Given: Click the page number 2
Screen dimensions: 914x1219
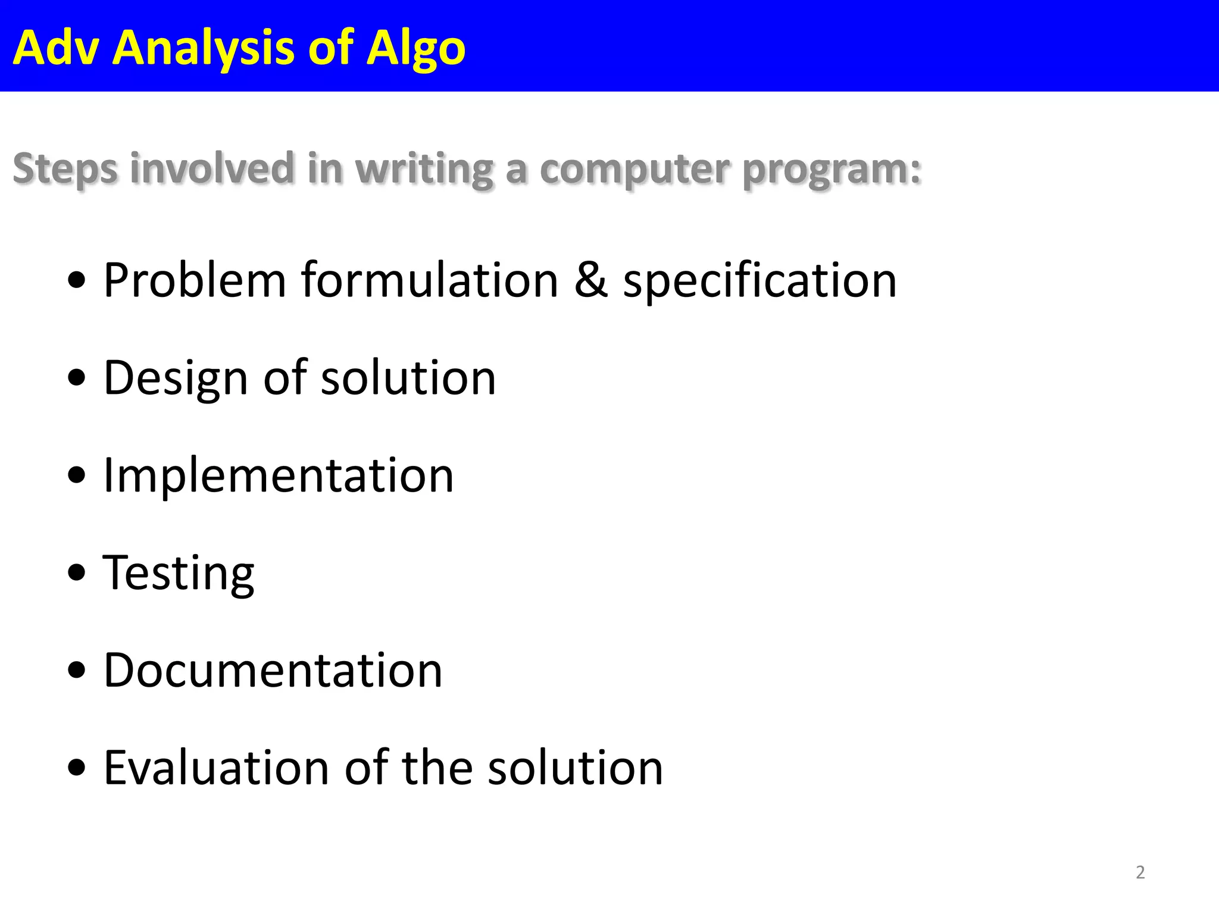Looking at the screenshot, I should click(x=1140, y=872).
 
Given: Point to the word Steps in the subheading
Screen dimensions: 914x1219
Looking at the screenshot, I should click(x=65, y=169).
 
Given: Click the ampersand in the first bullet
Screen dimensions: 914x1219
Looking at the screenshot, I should click(x=590, y=280).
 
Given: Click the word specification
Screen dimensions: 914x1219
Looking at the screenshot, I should click(x=759, y=281).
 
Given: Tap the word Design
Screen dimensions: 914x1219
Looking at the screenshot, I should click(x=176, y=378).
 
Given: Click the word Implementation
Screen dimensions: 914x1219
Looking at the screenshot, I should click(x=279, y=475).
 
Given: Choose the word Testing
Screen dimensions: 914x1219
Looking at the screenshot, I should click(x=179, y=574).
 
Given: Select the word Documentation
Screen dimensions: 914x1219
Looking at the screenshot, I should click(x=273, y=671).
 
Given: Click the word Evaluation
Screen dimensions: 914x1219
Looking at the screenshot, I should click(x=217, y=768).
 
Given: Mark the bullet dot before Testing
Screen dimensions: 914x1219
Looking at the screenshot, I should click(x=77, y=573).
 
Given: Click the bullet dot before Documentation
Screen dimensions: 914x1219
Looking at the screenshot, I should click(x=77, y=671).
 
